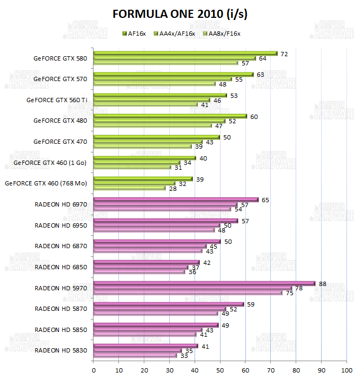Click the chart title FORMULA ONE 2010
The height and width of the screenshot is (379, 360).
click(179, 14)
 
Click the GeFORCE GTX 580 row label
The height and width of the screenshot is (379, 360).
click(60, 58)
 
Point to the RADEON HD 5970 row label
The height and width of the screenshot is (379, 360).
click(61, 288)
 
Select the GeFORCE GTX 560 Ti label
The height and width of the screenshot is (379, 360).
click(57, 99)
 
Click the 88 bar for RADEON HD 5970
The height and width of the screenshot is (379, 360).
click(204, 283)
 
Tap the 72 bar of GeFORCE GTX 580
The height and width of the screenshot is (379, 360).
click(185, 54)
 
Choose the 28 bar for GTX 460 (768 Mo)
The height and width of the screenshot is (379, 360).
click(130, 188)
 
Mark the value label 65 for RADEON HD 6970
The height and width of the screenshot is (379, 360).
click(265, 200)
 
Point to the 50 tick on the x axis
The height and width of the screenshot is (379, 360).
click(220, 370)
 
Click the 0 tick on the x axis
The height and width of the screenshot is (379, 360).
click(94, 370)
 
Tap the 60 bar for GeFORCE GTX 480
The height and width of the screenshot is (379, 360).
click(170, 116)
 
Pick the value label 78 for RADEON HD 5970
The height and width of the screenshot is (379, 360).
click(298, 289)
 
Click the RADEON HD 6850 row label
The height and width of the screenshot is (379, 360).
click(61, 267)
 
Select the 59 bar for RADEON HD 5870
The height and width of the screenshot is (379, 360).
click(169, 304)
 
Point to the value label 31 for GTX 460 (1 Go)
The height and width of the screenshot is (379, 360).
click(178, 168)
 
